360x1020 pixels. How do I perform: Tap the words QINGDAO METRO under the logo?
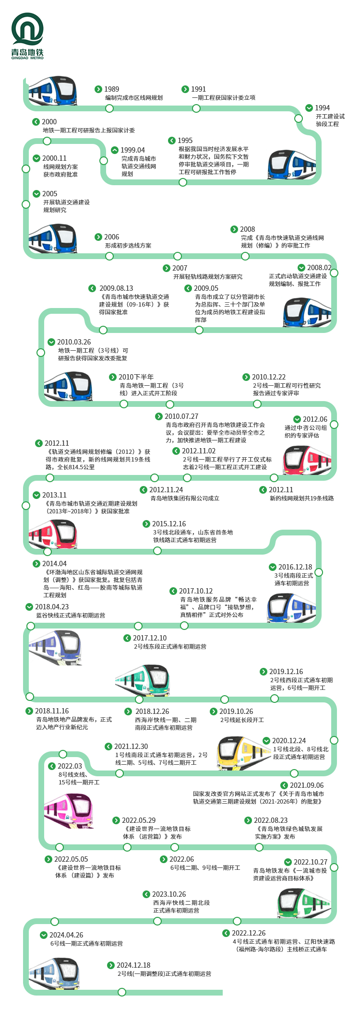tap(27, 58)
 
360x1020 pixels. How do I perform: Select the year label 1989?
tap(111, 89)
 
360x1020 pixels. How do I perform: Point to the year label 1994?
tap(322, 108)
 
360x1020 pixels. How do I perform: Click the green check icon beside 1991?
tap(185, 89)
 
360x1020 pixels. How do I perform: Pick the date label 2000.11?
tap(54, 158)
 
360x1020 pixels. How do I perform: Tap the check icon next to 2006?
tap(98, 237)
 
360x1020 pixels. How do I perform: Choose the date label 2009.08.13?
tap(116, 288)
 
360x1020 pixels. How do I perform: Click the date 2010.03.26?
tap(74, 342)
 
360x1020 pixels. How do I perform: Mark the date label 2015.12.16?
tap(169, 524)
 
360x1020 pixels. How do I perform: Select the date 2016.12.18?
tap(295, 567)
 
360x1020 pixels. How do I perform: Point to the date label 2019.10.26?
tap(236, 712)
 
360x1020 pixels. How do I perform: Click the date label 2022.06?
tap(181, 859)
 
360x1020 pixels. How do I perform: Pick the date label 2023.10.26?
tap(169, 894)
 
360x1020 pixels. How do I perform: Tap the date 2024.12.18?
tap(133, 965)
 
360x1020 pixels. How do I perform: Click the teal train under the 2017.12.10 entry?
tap(143, 680)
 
